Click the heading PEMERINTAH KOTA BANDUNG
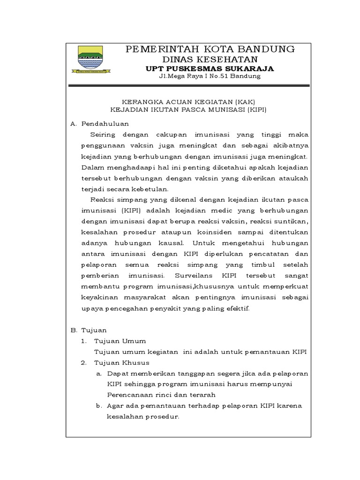coord(210,49)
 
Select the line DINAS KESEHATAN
coord(210,59)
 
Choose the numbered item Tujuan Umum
coord(120,341)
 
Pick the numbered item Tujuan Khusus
coord(121,363)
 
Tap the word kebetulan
coord(151,189)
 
